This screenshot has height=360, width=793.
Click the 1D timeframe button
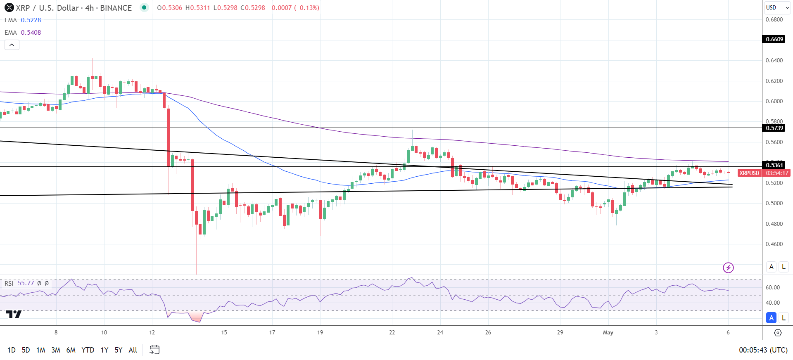[12, 350]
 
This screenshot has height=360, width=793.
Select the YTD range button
[88, 350]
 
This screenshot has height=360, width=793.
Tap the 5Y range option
[119, 350]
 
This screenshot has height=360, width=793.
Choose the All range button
[133, 350]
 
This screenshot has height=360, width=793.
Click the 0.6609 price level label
[774, 39]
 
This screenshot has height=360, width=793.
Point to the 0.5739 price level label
[774, 128]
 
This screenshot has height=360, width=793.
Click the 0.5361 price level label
[774, 165]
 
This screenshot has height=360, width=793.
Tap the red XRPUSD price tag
[749, 173]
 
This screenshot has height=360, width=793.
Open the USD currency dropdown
[777, 7]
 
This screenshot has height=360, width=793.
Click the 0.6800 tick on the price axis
[774, 19]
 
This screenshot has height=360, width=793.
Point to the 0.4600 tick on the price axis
[774, 244]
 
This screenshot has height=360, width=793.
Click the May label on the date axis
[608, 332]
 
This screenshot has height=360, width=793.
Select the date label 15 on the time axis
[224, 332]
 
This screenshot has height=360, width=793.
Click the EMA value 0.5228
[31, 20]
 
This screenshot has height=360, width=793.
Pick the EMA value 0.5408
[31, 33]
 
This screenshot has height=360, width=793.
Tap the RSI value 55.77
[26, 283]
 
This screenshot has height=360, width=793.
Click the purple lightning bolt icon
[728, 268]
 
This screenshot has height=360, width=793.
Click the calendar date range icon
[154, 350]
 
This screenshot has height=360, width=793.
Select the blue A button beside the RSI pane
[771, 317]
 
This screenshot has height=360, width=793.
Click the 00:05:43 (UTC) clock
[763, 350]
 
